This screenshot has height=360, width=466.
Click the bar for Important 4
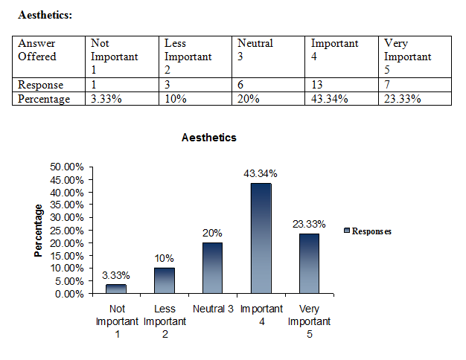pos(261,238)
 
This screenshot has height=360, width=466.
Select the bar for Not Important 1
pos(115,289)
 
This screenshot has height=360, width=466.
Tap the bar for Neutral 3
pos(212,268)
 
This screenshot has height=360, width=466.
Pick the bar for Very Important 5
pos(309,263)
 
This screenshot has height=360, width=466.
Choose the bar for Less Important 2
pos(164,280)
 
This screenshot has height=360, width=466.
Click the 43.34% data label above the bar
pos(261,173)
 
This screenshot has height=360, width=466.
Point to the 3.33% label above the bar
pos(115,275)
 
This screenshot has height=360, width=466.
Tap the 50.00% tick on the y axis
pos(67,167)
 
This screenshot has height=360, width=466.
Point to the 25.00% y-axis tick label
pos(67,230)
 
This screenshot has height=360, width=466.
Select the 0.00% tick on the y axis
pos(69,293)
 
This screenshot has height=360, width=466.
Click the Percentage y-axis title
pos(39,231)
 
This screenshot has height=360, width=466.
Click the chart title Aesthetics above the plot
pos(209,138)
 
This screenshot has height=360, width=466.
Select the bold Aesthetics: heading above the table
pos(45,14)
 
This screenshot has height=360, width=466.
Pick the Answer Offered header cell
pos(37,50)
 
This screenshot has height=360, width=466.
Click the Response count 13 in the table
pos(318,85)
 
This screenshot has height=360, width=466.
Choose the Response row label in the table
pos(41,85)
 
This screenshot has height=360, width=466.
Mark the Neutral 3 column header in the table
pos(255,50)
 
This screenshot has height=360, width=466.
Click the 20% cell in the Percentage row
pos(249,99)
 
